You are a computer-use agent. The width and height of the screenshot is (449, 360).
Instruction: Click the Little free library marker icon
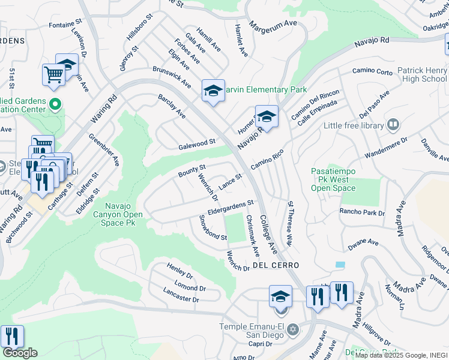coord(393,125)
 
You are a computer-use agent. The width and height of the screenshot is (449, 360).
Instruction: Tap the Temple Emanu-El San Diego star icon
coord(294,329)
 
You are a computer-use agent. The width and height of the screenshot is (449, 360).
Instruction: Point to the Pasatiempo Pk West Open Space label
coord(333,179)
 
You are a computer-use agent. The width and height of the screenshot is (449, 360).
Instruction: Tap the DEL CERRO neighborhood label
coord(276,265)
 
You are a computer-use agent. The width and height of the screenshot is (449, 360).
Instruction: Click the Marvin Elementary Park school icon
coord(213,91)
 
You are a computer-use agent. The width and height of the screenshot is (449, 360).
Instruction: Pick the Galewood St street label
coord(197,143)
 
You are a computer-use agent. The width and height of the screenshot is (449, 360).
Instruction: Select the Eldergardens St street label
coord(231,207)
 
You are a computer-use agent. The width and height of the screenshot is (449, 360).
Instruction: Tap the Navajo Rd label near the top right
coord(372,41)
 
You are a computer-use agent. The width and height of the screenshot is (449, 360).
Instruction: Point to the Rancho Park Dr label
coord(361,212)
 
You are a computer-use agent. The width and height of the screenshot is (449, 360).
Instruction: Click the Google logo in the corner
coord(20,353)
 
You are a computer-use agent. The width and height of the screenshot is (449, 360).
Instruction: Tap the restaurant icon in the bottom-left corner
coord(11,336)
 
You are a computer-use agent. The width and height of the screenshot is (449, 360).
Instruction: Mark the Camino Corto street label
coord(373,71)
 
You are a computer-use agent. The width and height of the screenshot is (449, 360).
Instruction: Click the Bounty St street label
coord(192,170)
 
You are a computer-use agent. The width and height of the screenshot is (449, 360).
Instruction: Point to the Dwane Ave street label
coord(364,244)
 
